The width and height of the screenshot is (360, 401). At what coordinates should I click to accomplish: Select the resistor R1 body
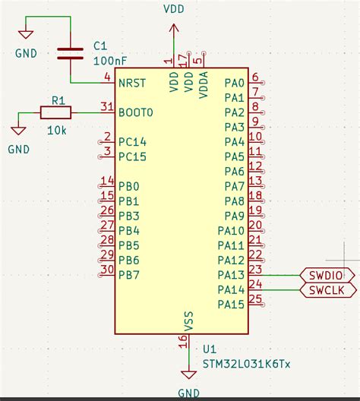coord(56,112)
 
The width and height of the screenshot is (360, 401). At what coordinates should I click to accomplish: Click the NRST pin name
coord(132,83)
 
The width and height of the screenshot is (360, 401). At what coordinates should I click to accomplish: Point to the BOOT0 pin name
coord(136,112)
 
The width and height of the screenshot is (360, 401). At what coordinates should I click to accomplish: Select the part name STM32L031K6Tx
coord(246,365)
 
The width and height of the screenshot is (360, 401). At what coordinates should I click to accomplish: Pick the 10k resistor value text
coord(57,131)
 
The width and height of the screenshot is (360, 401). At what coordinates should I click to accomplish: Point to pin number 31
coord(107,106)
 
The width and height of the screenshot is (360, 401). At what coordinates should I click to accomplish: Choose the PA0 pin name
coord(234,83)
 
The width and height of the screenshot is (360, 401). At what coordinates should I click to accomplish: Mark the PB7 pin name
coord(129,275)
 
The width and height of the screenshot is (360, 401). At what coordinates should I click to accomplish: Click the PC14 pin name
coord(132,142)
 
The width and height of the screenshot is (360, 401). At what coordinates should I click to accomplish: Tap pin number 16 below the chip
coord(182,341)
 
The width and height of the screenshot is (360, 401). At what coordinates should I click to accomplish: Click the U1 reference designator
coord(210,349)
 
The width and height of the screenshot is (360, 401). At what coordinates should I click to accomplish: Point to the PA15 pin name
coord(231,305)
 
